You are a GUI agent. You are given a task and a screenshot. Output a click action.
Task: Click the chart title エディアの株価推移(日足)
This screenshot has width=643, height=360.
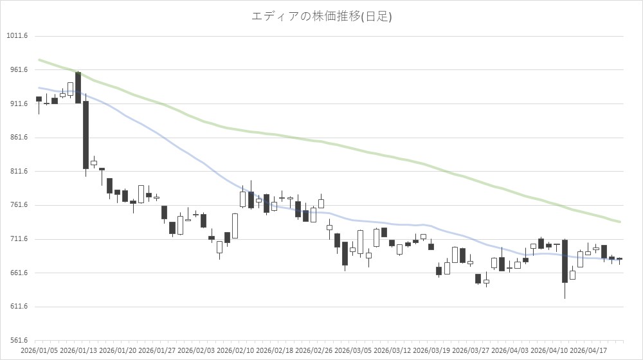[321, 16]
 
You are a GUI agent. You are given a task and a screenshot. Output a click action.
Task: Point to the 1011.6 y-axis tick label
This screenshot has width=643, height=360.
[17, 36]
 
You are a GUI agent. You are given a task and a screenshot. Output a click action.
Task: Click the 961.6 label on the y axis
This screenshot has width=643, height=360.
[17, 70]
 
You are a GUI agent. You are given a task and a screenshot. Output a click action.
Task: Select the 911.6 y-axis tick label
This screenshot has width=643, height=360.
[17, 104]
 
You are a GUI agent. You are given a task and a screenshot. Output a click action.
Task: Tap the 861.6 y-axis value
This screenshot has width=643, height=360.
[17, 138]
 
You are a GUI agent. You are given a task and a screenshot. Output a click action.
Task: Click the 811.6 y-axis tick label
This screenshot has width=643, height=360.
[17, 172]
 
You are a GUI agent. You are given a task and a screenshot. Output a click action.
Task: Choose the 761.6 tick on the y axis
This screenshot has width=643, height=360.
[17, 205]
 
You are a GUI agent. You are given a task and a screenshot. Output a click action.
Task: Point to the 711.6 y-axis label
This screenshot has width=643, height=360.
[17, 239]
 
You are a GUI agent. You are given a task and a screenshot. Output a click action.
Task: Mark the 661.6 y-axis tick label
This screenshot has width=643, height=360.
[17, 273]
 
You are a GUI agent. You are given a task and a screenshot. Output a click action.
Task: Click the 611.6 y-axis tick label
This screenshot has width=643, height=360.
[17, 307]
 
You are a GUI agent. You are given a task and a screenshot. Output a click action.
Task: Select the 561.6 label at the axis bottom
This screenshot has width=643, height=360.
[17, 341]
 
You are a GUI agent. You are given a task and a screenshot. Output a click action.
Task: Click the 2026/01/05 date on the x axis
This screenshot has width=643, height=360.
[40, 350]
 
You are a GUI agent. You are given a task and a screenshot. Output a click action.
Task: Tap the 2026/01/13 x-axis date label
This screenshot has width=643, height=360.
[79, 350]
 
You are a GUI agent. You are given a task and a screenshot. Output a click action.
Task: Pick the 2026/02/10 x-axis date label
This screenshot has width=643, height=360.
[236, 350]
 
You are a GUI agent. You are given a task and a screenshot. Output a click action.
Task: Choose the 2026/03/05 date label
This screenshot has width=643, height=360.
[354, 350]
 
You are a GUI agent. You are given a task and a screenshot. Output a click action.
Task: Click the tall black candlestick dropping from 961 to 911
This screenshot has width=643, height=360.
[78, 87]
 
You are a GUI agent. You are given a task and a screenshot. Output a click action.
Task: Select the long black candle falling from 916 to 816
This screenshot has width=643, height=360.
[86, 135]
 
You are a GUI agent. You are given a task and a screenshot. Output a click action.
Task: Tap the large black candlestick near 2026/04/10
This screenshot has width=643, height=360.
[565, 261]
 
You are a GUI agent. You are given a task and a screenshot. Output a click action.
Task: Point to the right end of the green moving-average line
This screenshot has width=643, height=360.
[619, 222]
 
